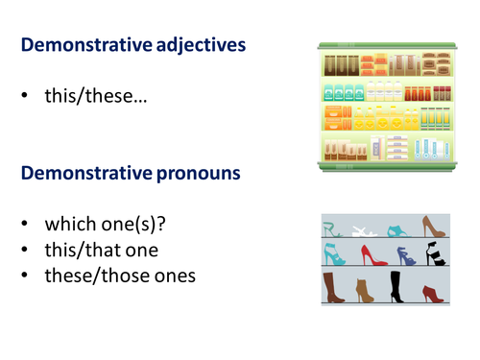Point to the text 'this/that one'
point(103,252)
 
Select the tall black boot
point(396,286)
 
